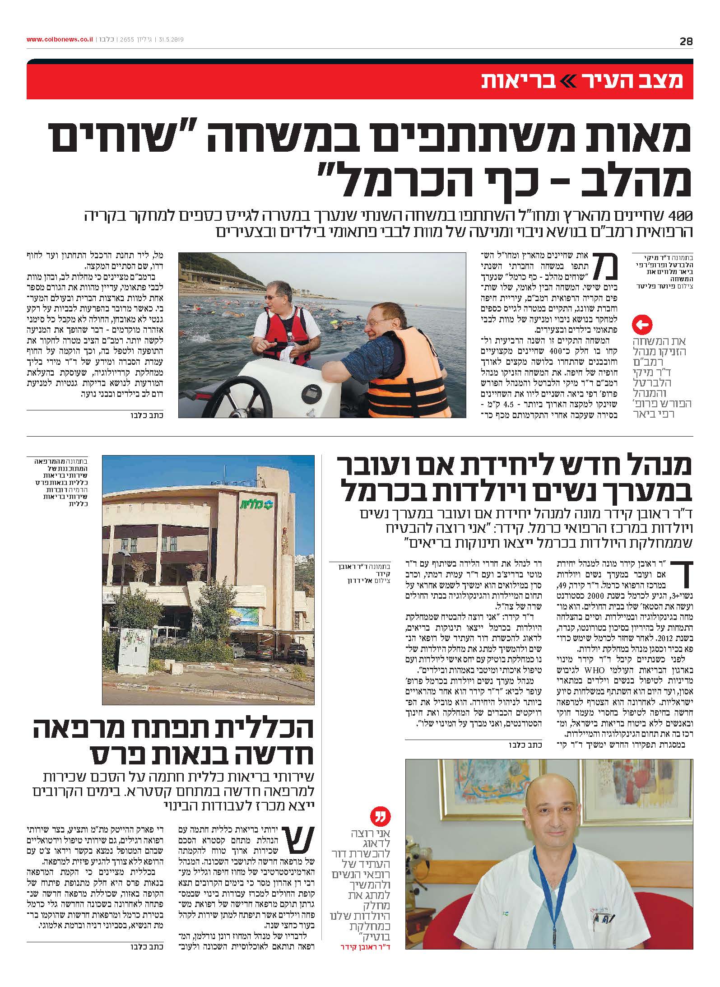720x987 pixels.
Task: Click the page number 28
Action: pos(686,41)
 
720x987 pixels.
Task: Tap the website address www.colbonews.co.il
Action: pos(60,40)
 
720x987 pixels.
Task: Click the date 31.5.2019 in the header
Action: pos(171,40)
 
